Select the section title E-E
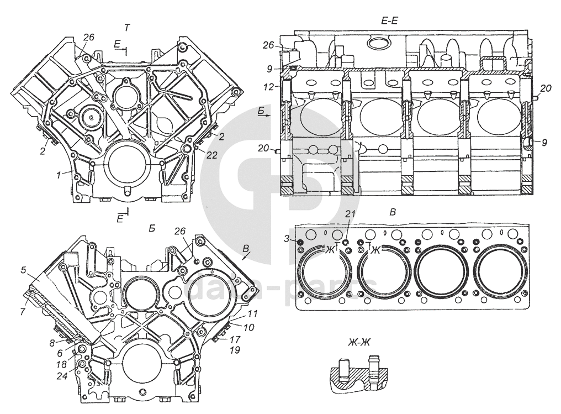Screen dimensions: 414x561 click(389, 21)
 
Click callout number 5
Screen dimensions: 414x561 click(23, 270)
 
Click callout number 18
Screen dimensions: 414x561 click(62, 364)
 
